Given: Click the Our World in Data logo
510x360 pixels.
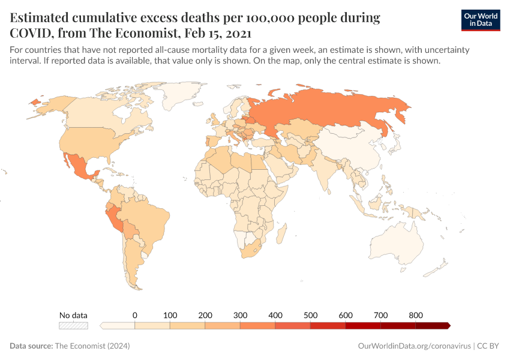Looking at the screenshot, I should (480, 20).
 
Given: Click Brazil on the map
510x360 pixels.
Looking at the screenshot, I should (147, 219).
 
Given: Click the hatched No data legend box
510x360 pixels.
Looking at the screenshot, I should (73, 326).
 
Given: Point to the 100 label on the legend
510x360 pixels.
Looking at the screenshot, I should (170, 315).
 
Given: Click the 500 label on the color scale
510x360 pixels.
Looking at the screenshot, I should (310, 315).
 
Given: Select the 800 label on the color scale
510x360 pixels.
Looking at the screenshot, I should (416, 315).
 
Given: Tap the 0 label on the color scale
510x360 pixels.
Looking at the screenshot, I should (135, 315).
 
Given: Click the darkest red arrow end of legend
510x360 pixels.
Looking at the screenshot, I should (446, 326).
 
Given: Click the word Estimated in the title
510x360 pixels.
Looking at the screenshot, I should (44, 18).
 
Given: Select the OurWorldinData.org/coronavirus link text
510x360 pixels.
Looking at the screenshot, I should (413, 346).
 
